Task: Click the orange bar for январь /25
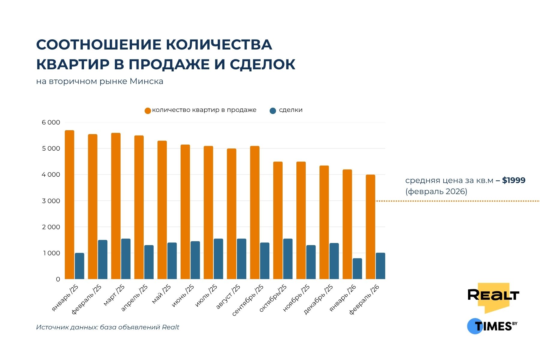tap(70, 205)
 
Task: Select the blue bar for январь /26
tap(357, 269)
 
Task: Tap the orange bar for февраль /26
tap(370, 227)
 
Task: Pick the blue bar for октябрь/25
tap(288, 259)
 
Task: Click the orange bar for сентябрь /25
tap(255, 212)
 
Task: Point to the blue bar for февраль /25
tap(103, 259)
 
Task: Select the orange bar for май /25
tap(162, 210)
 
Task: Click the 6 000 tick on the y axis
tap(51, 122)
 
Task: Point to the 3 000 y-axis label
tap(51, 201)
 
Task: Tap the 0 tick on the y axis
tap(58, 279)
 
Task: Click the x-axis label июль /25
tap(206, 296)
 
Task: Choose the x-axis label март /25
tap(114, 295)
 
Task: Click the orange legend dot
tap(148, 111)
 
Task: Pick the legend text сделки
tap(290, 110)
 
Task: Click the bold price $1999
tap(514, 181)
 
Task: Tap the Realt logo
tap(493, 296)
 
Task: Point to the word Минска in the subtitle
tap(146, 82)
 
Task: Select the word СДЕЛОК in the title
tap(262, 64)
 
